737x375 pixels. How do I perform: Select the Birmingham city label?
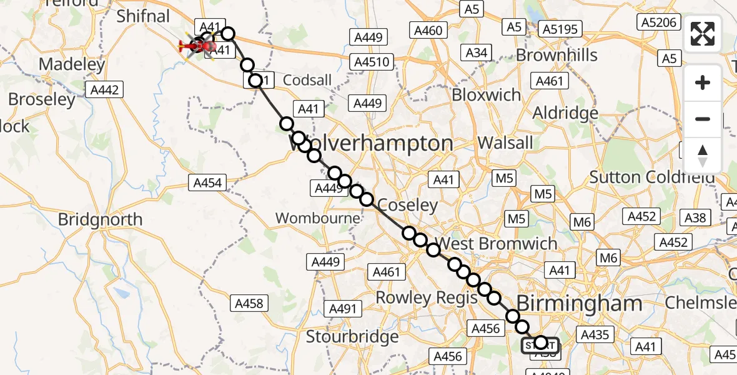[579, 304]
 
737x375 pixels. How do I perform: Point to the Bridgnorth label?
[100, 220]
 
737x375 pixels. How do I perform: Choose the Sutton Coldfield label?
[652, 177]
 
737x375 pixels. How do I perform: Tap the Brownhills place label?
[556, 55]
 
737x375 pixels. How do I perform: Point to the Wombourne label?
[319, 218]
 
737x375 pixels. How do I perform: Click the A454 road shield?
[206, 182]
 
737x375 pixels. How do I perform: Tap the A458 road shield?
[249, 304]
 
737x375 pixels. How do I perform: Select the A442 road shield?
[104, 90]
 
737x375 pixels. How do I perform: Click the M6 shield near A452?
[582, 222]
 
